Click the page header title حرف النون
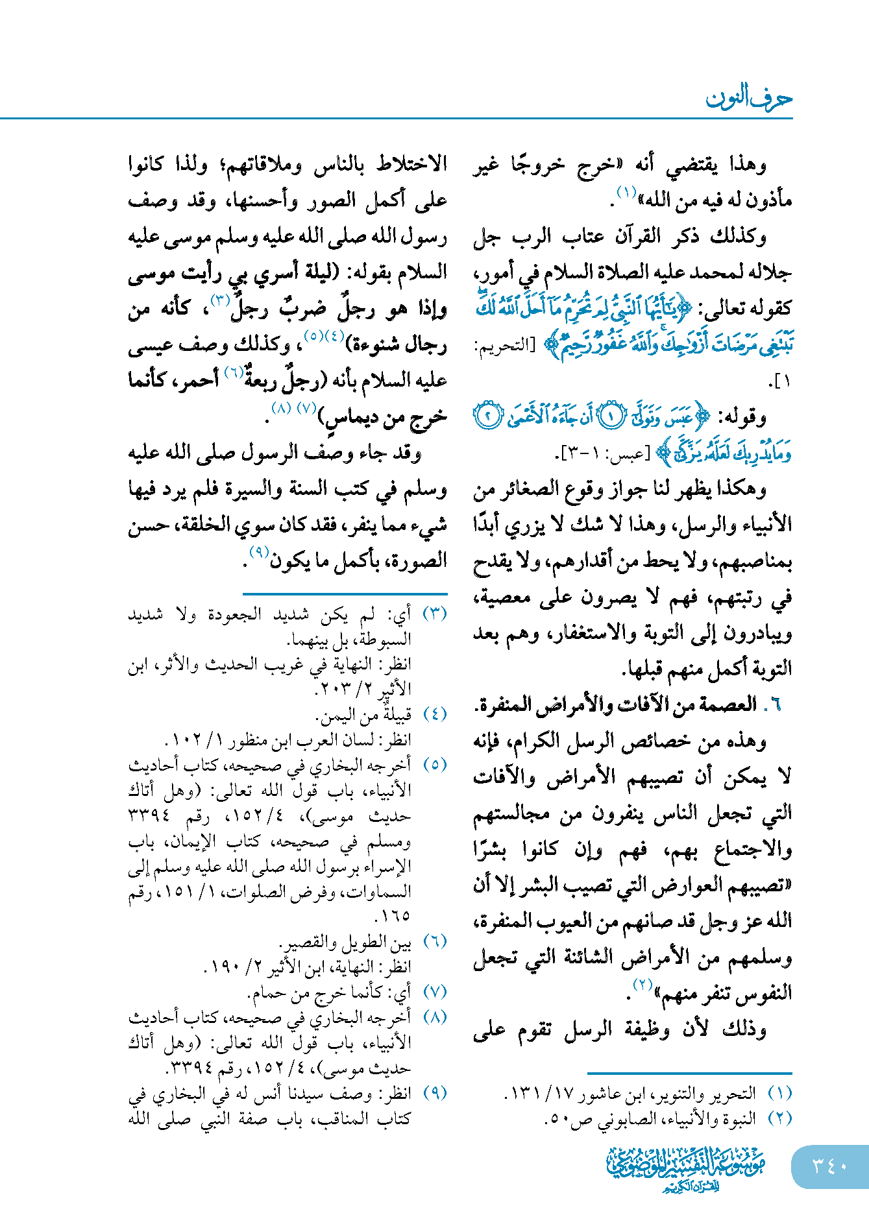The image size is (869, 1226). click(x=749, y=98)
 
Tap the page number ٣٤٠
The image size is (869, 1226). click(x=830, y=1166)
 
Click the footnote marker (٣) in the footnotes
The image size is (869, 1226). click(x=435, y=614)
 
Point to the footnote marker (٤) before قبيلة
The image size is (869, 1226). click(x=435, y=715)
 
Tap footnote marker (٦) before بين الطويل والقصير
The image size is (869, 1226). click(x=435, y=942)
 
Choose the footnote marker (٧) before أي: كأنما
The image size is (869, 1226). click(x=435, y=992)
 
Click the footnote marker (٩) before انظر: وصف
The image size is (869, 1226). click(x=435, y=1094)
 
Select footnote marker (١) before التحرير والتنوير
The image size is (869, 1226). click(x=779, y=1094)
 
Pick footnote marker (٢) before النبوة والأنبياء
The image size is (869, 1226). click(x=779, y=1119)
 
